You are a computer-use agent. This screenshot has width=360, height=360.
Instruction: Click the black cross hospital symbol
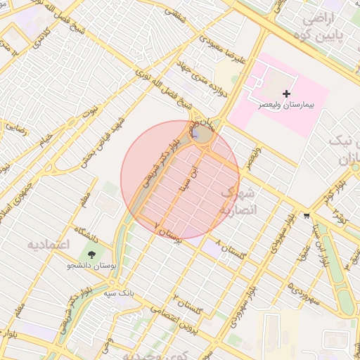285,94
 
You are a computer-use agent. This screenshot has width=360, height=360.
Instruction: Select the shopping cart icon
305,216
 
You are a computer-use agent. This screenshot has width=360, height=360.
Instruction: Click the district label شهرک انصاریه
240,200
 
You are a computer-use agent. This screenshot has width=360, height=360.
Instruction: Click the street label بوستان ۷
168,233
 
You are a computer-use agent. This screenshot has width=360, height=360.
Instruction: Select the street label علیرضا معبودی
221,49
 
